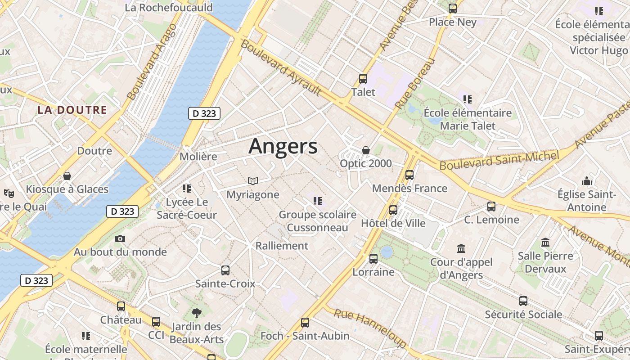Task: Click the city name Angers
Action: point(283,146)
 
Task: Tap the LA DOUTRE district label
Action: point(72,110)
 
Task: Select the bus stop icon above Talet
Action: point(363,79)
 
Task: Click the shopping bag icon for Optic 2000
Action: point(366,150)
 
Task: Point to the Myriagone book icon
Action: point(253,181)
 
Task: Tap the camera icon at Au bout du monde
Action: point(120,238)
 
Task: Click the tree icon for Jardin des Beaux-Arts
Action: point(196,313)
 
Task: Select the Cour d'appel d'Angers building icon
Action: point(461,248)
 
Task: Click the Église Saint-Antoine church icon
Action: point(587,181)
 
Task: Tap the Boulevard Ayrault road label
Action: point(281,67)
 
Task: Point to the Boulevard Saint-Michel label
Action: point(499,160)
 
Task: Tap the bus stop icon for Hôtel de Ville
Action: point(393,210)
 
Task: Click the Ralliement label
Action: point(282,246)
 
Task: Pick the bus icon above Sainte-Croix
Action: point(225,270)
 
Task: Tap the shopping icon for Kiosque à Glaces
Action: point(67,176)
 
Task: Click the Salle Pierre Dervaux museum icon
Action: point(545,243)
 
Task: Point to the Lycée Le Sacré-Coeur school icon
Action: point(187,189)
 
